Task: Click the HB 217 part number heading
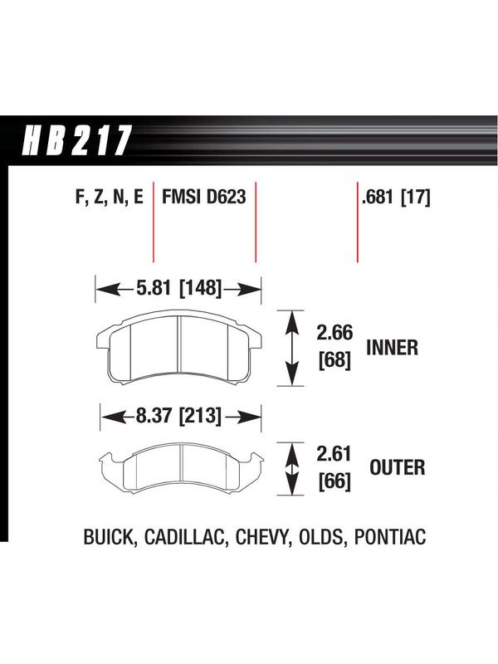click(x=76, y=140)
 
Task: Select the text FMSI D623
click(x=203, y=197)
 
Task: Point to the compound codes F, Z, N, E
click(x=110, y=198)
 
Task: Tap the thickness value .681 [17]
click(x=396, y=198)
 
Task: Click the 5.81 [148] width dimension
click(x=179, y=288)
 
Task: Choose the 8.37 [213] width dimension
click(x=178, y=416)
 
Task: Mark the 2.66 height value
click(x=334, y=333)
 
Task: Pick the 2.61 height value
click(x=334, y=454)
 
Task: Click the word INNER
click(x=392, y=348)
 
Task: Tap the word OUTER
click(x=398, y=467)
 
